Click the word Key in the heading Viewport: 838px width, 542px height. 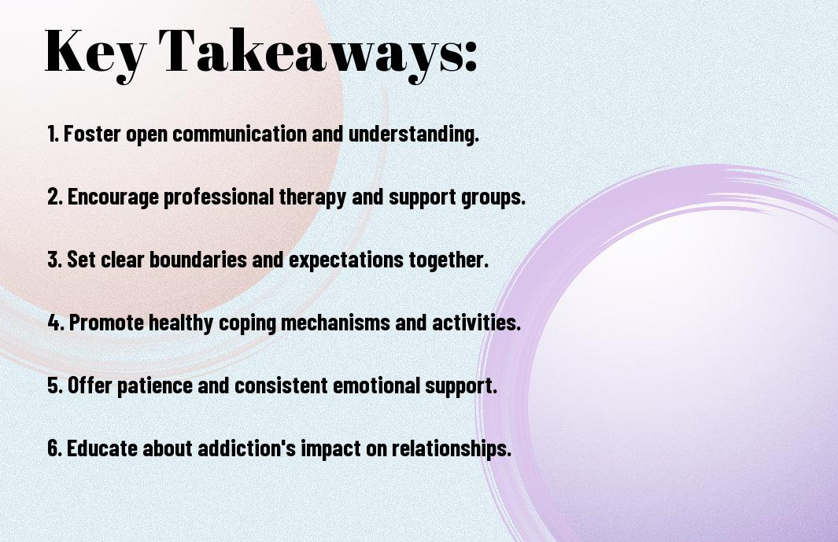coord(95,53)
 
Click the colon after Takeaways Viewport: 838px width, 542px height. coord(471,57)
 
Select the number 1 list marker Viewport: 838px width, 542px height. coord(53,134)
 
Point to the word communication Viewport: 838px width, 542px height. coord(239,134)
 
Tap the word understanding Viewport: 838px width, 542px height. coord(414,135)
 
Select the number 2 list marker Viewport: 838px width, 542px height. coord(54,197)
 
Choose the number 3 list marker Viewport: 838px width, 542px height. coord(54,260)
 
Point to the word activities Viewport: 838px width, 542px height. coord(475,323)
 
